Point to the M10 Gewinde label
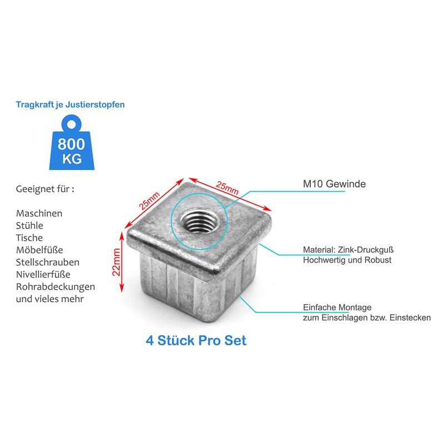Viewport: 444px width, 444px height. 334,184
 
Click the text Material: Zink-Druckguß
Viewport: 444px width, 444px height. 348,250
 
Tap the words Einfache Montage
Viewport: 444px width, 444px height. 337,307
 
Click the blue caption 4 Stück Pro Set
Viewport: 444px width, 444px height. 196,340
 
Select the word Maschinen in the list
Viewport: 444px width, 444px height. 39,214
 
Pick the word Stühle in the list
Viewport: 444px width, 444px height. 29,226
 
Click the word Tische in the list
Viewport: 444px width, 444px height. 29,238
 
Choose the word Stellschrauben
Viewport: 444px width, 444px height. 47,262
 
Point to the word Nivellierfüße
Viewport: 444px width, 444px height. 43,274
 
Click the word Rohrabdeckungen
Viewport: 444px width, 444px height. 56,287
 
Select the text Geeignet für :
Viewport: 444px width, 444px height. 45,189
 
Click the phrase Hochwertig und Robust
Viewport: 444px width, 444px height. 347,260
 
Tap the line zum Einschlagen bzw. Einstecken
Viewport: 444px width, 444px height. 366,318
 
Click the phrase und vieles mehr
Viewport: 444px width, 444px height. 49,299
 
